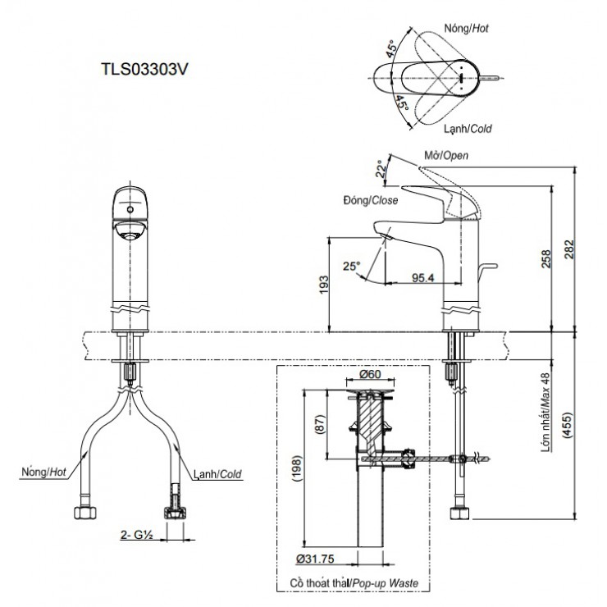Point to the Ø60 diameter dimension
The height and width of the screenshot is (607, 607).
click(x=372, y=375)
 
